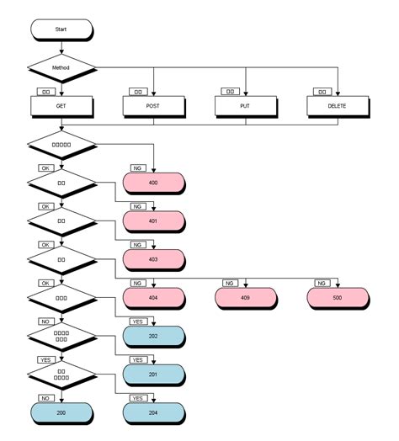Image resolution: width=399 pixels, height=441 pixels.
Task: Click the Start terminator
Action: point(61,29)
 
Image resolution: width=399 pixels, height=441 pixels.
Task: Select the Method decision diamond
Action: point(61,66)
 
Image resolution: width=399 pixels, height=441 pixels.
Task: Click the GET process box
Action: point(61,106)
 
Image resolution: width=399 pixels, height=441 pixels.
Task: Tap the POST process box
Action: point(153,106)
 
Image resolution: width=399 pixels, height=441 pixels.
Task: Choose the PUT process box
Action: point(245,106)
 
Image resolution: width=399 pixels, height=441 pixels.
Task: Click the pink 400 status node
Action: point(153,183)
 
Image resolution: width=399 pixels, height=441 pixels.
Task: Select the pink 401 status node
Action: point(153,221)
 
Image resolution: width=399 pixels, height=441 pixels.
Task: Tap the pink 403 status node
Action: point(153,259)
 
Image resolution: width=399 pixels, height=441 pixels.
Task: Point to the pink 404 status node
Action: point(153,297)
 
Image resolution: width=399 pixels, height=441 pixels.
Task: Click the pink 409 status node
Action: point(245,297)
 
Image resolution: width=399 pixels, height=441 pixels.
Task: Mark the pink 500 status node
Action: point(337,297)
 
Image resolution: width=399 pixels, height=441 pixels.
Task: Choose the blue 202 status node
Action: point(153,336)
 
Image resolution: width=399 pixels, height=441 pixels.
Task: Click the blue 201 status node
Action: point(153,374)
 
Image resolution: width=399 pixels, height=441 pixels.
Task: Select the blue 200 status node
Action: point(61,412)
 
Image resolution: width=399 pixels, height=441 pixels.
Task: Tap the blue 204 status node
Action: point(153,412)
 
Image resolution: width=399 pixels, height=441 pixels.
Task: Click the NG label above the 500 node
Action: point(321,283)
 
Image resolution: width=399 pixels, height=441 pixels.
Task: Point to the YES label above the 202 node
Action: point(137,321)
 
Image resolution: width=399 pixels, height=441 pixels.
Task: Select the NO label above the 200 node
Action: point(45,397)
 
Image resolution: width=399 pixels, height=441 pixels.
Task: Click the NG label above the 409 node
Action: point(229,283)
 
